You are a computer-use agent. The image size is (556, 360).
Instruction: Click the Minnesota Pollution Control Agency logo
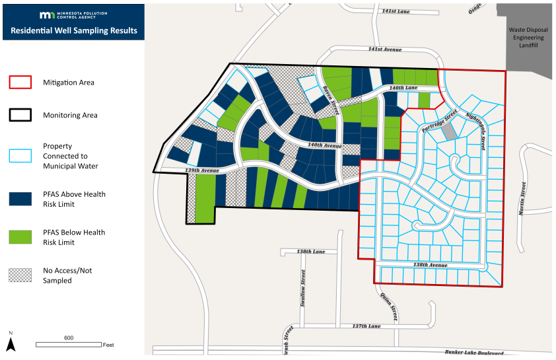click(73, 15)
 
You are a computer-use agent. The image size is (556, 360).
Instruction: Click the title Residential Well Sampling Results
click(73, 30)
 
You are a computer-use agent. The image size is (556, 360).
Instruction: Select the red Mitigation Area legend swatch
click(20, 83)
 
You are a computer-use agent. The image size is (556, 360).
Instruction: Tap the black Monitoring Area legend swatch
click(20, 115)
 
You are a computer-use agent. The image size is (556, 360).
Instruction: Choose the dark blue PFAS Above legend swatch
click(20, 199)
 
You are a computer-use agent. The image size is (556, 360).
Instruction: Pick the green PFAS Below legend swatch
click(20, 237)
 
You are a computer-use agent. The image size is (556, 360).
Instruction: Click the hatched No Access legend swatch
click(20, 275)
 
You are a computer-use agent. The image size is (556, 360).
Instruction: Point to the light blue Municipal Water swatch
click(20, 156)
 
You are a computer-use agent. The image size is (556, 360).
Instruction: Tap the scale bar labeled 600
click(69, 344)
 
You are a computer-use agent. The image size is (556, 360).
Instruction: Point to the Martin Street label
click(522, 198)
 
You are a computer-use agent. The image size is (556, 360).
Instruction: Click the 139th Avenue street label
click(202, 170)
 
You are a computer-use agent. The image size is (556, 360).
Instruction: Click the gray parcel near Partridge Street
click(449, 131)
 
